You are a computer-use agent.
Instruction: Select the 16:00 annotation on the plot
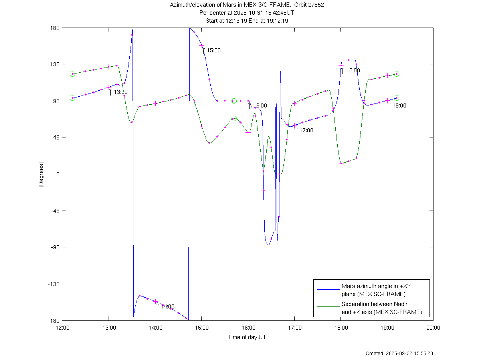point(260,106)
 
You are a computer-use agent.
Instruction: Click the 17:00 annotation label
point(306,130)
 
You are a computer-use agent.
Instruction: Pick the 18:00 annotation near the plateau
point(352,70)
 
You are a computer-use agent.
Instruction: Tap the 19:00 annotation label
point(399,106)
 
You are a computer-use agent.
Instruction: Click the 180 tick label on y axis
point(55,28)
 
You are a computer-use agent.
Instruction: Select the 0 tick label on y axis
point(57,174)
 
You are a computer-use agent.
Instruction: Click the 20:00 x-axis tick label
point(433,328)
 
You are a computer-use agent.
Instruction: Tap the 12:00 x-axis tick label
point(62,328)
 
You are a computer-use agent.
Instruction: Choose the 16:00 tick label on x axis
point(248,328)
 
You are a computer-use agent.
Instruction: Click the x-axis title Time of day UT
point(247,337)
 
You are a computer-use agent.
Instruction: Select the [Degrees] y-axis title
point(41,174)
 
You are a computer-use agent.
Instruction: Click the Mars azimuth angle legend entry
point(373,290)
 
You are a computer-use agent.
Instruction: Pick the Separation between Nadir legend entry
point(381,308)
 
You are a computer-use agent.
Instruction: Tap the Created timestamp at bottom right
point(399,354)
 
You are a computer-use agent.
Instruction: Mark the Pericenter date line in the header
point(247,13)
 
